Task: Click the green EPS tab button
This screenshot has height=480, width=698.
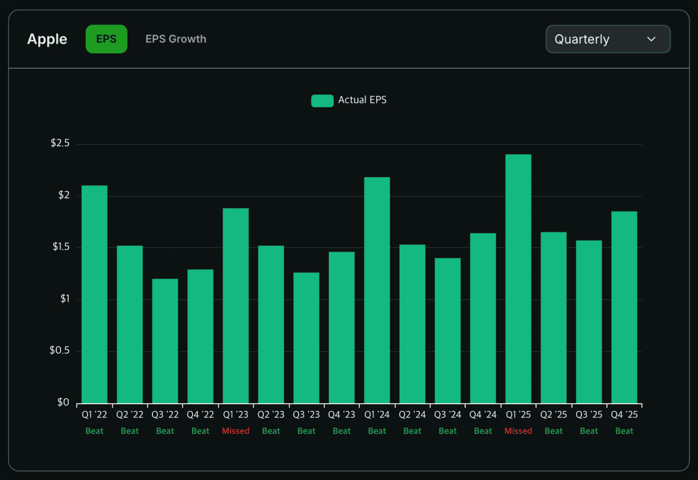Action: point(106,39)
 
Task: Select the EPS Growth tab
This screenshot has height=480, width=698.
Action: point(176,39)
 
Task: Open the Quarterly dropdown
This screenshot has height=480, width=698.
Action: point(607,39)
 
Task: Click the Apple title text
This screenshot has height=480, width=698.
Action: point(47,39)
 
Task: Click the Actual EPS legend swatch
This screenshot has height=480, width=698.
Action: point(322,100)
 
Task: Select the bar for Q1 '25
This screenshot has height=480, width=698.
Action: point(518,279)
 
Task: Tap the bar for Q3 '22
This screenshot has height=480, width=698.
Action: point(165,341)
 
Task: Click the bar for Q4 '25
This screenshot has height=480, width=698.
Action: point(624,307)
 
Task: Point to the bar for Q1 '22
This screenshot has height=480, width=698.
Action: point(94,295)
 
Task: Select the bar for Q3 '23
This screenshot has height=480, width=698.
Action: point(306,338)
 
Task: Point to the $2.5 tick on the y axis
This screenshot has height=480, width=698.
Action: point(60,143)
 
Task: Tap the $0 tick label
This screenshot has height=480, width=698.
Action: point(64,403)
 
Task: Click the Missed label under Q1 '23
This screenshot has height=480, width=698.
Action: point(236,431)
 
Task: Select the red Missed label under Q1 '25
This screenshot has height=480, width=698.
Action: point(518,431)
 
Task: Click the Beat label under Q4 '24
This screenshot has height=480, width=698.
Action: point(483,431)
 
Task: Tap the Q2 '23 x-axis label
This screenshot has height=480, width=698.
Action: point(271,415)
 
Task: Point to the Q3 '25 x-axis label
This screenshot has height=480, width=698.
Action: point(589,415)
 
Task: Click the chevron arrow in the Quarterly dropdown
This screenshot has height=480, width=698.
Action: point(651,39)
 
